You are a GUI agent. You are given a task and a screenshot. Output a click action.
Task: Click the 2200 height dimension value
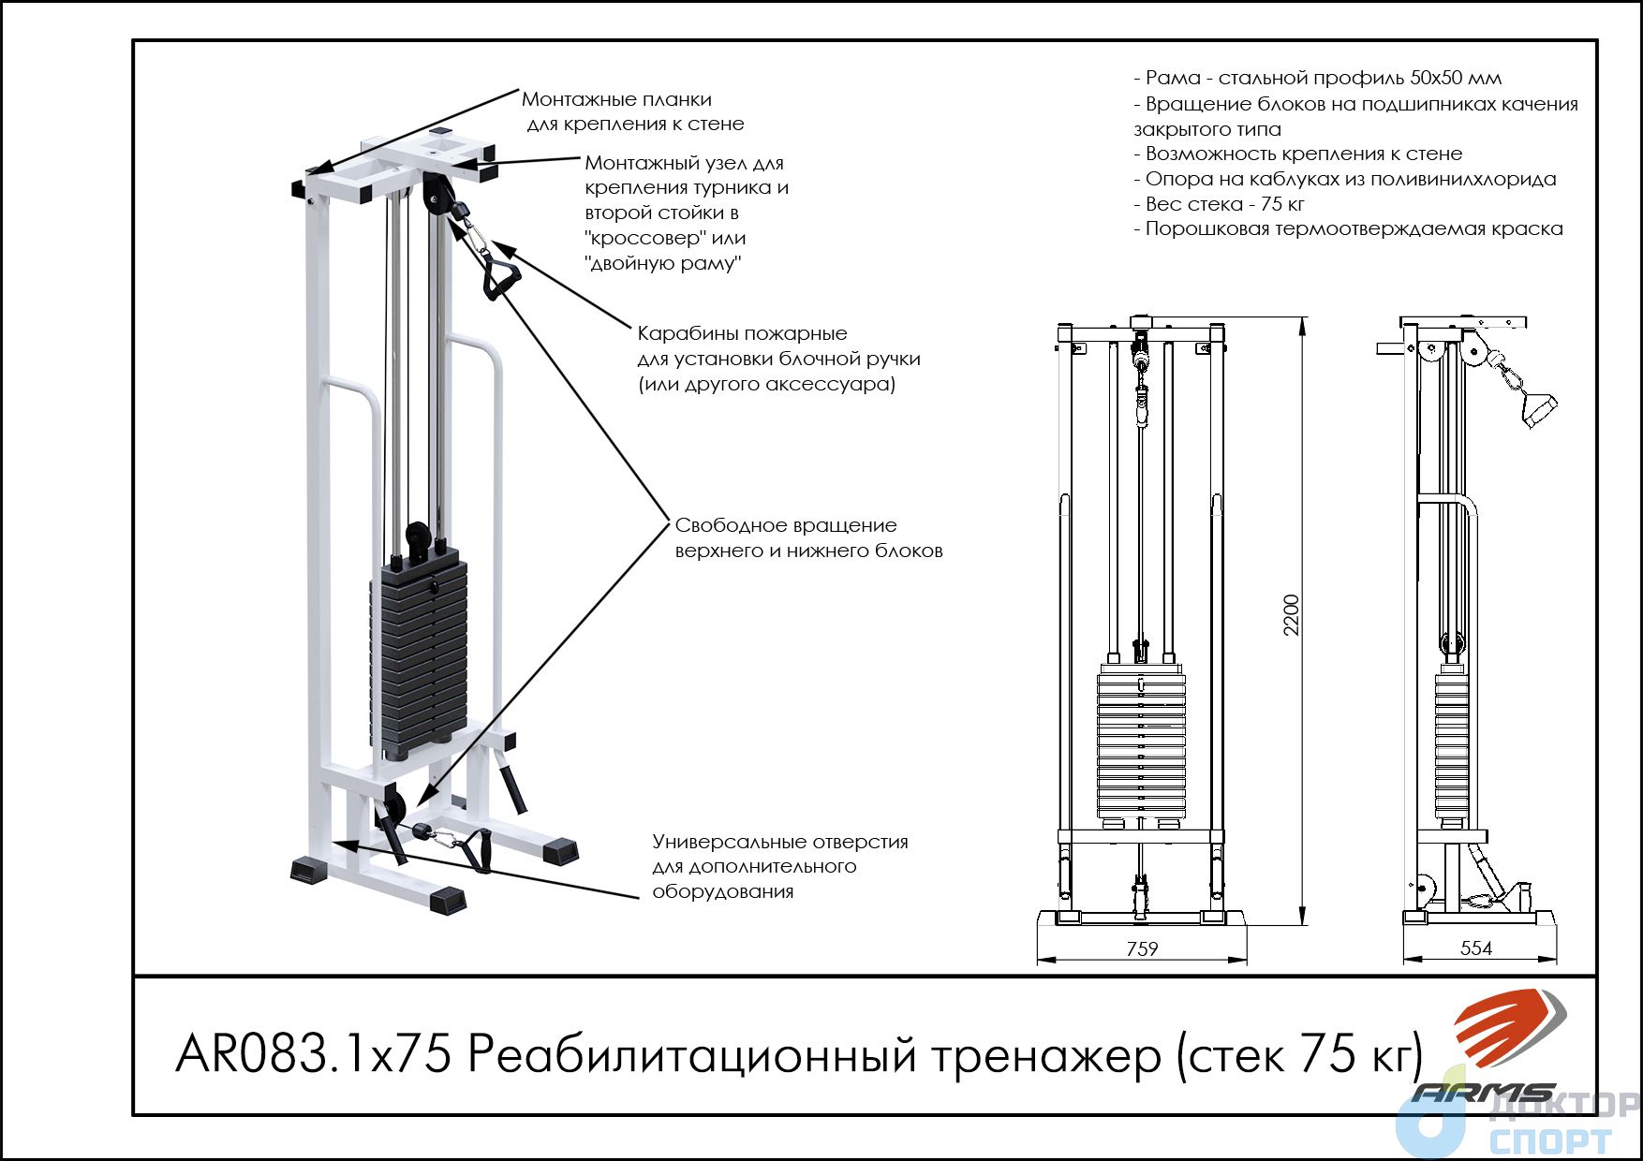coord(1291,615)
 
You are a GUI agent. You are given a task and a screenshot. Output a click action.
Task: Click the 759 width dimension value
coord(1142,948)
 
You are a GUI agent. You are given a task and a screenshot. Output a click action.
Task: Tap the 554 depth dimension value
coord(1476,948)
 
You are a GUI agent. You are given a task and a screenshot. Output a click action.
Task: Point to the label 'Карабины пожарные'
coord(742,333)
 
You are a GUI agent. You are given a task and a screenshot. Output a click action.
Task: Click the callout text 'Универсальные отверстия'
coord(780,842)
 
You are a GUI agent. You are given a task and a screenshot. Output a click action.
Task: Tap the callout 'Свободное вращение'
coord(786,525)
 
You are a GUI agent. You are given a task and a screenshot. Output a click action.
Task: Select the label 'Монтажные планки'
coord(616,99)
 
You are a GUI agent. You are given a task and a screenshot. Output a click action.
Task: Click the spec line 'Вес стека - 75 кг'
coord(1219,204)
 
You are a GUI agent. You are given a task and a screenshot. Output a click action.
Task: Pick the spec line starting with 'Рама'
coord(1317,78)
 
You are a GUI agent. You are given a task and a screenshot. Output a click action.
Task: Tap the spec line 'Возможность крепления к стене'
coord(1297,154)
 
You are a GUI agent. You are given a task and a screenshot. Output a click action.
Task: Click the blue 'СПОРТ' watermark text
coord(1549,1141)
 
